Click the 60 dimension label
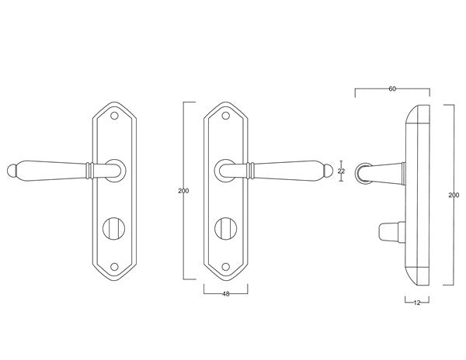click(x=392, y=88)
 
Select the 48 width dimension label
click(x=226, y=294)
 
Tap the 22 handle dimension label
click(x=341, y=171)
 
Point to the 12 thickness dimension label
click(x=417, y=303)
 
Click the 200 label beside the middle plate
click(x=183, y=191)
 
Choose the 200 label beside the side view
click(x=454, y=195)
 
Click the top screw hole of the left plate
click(x=114, y=116)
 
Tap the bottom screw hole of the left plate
click(x=114, y=267)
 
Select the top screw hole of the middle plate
click(x=226, y=116)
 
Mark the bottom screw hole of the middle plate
click(x=226, y=267)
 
